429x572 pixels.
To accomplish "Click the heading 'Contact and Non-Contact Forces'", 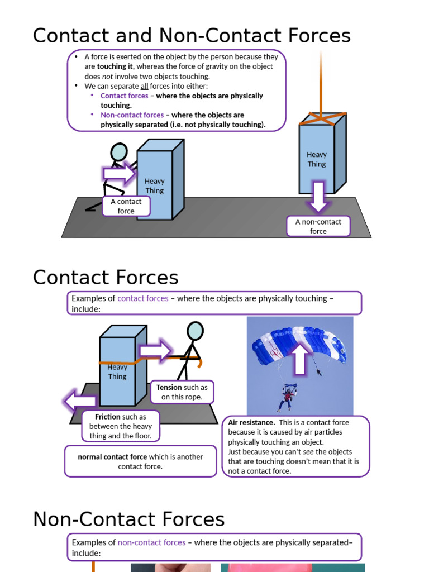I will tap(192, 36).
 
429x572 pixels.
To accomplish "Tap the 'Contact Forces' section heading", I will tap(106, 278).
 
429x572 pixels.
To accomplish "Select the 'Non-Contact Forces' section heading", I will tap(128, 519).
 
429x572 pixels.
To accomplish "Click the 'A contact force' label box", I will tap(126, 206).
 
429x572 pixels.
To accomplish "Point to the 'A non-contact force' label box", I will tap(318, 226).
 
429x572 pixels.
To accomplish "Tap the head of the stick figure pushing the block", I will tap(119, 152).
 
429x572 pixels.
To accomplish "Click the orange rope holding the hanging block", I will tap(321, 84).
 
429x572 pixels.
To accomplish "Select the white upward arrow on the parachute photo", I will tap(300, 358).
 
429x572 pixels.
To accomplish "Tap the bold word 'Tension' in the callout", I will tap(169, 387).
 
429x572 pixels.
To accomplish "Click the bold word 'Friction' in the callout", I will tap(108, 417).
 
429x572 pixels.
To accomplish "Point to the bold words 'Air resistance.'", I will tap(251, 422).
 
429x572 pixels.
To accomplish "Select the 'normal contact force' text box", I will tap(140, 461).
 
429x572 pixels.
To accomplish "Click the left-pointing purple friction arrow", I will tap(79, 401).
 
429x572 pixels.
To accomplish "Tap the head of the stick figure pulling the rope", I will tap(194, 331).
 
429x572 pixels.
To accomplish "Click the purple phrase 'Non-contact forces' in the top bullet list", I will tap(132, 115).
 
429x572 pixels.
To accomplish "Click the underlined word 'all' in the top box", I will tap(144, 86).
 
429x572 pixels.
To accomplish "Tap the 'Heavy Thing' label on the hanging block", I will tap(317, 159).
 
